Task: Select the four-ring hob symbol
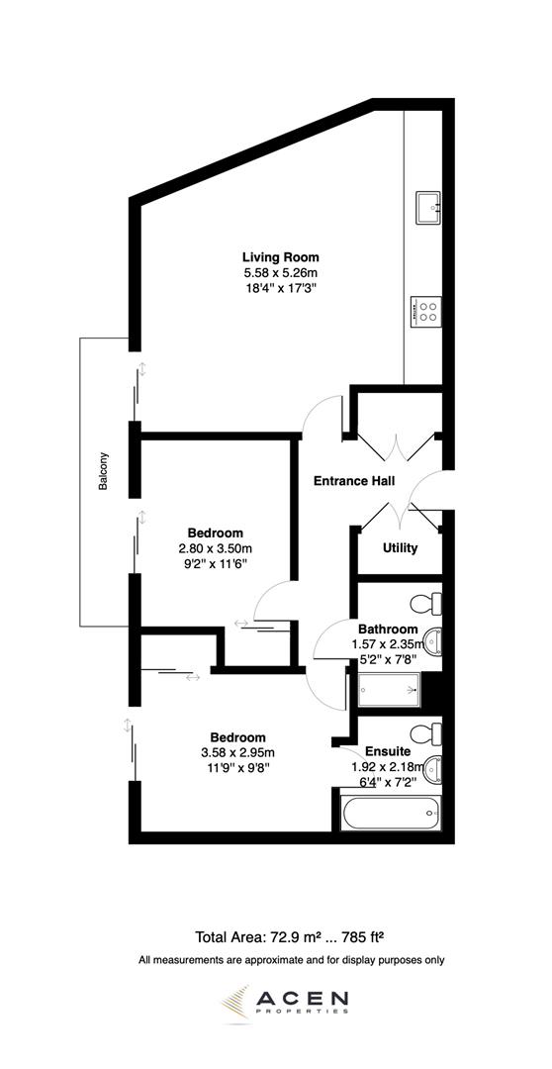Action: point(427,312)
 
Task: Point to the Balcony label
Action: point(104,473)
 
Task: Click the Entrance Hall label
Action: point(354,482)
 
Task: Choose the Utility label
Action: point(400,547)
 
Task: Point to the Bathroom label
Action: point(388,629)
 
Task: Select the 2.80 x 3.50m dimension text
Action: point(216,548)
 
